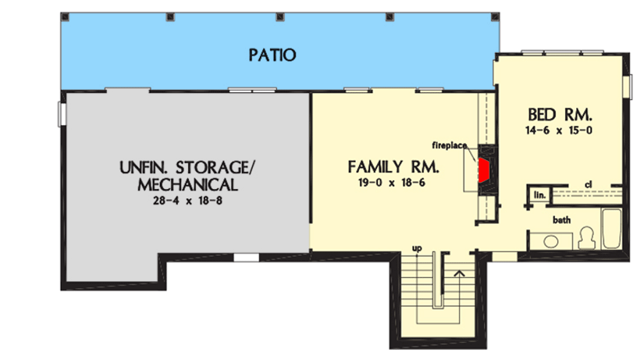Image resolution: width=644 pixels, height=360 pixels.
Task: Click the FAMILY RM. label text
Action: [x=393, y=167]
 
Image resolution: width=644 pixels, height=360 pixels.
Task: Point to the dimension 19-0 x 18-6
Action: [x=393, y=184]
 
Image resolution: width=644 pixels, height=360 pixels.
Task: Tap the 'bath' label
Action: [x=560, y=220]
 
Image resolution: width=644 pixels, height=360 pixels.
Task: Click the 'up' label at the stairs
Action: [x=417, y=249]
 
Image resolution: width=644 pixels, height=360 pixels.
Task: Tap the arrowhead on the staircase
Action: [x=459, y=273]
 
